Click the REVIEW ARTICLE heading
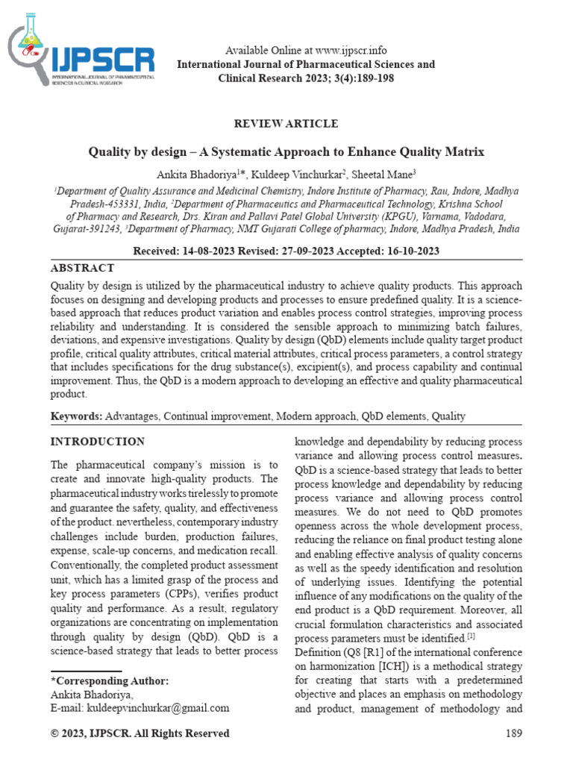(286, 124)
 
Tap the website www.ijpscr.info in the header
(351, 51)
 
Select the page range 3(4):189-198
(354, 78)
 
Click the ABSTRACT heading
(82, 268)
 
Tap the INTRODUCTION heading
(97, 442)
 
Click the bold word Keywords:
(76, 416)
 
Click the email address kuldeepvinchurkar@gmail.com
(158, 707)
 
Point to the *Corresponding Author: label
(110, 681)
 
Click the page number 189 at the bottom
(513, 734)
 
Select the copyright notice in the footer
(140, 734)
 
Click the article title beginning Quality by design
(286, 152)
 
